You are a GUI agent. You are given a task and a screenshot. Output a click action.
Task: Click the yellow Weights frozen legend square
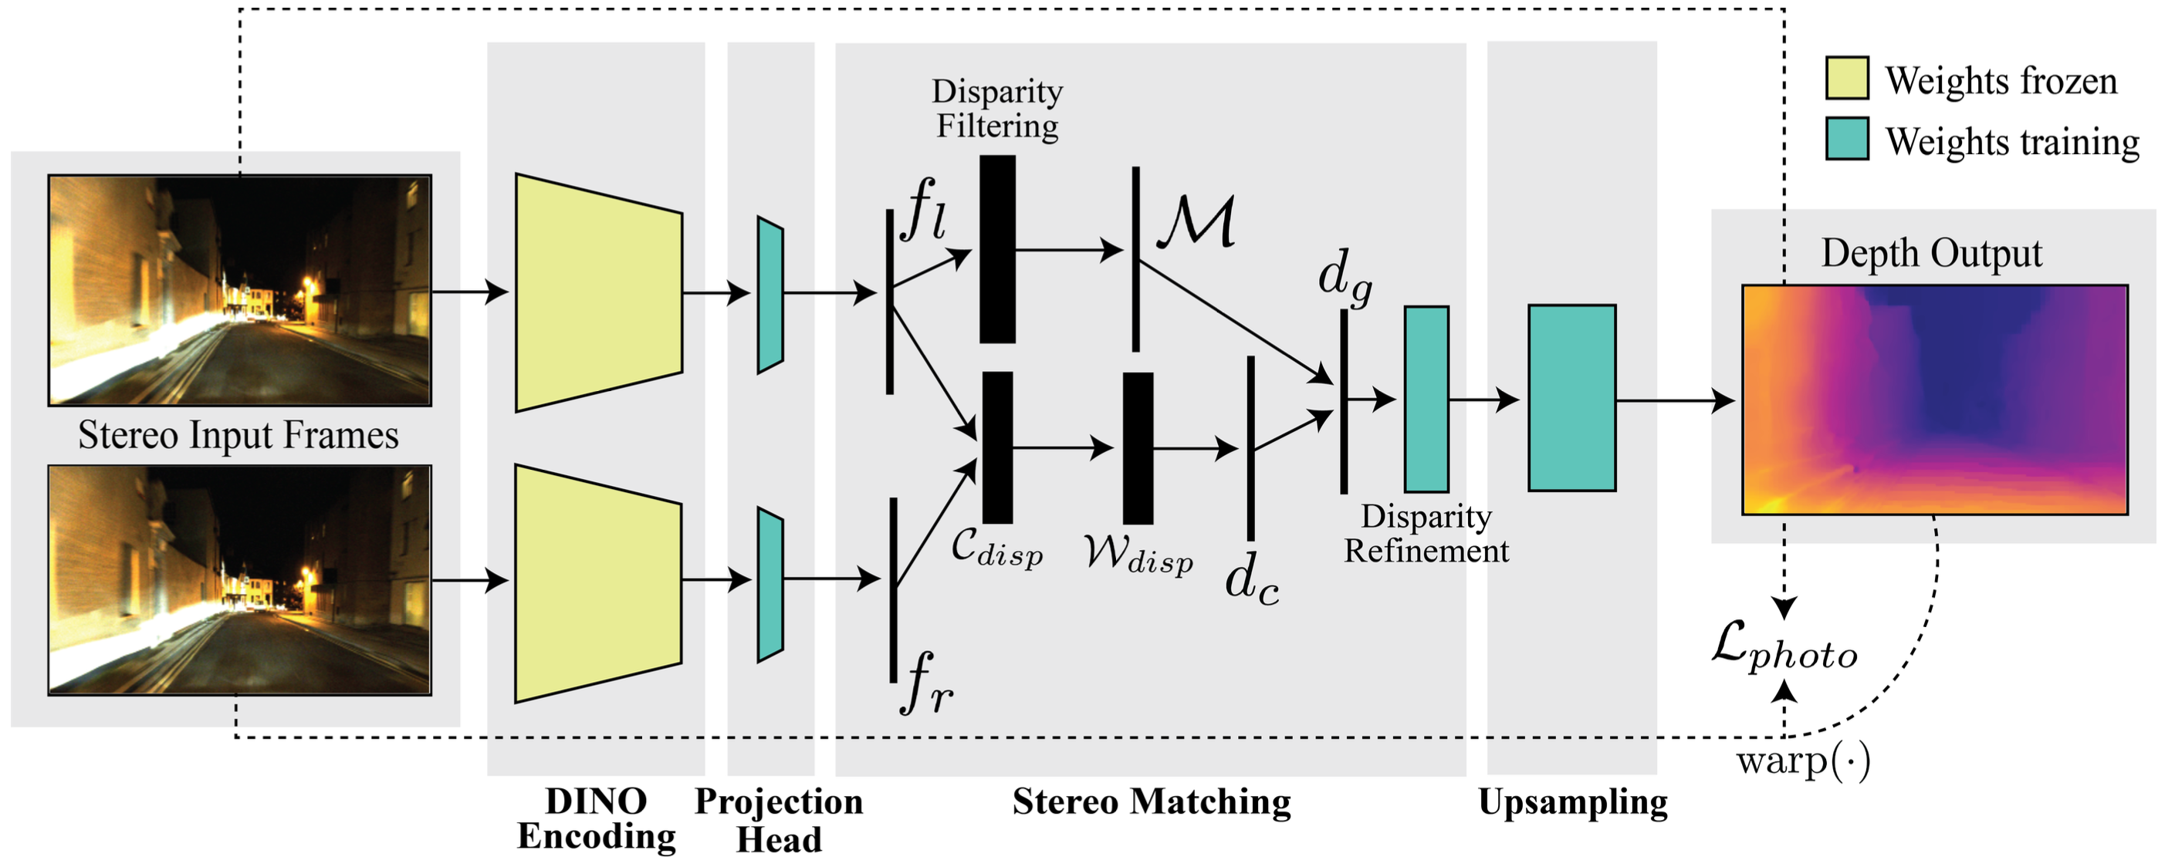pyautogui.click(x=1845, y=79)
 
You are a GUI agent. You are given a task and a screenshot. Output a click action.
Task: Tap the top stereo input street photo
pyautogui.click(x=241, y=290)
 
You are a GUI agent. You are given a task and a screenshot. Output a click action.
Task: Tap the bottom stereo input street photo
pyautogui.click(x=241, y=581)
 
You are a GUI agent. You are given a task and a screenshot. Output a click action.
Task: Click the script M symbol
pyautogui.click(x=1196, y=222)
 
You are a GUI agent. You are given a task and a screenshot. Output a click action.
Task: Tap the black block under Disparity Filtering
pyautogui.click(x=998, y=249)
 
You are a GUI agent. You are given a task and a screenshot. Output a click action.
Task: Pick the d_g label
pyautogui.click(x=1345, y=277)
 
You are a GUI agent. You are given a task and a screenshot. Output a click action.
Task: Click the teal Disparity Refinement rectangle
pyautogui.click(x=1427, y=400)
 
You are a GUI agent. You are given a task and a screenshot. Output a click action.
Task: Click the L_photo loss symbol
pyautogui.click(x=1784, y=650)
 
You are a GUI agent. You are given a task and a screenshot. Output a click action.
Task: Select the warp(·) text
pyautogui.click(x=1804, y=762)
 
